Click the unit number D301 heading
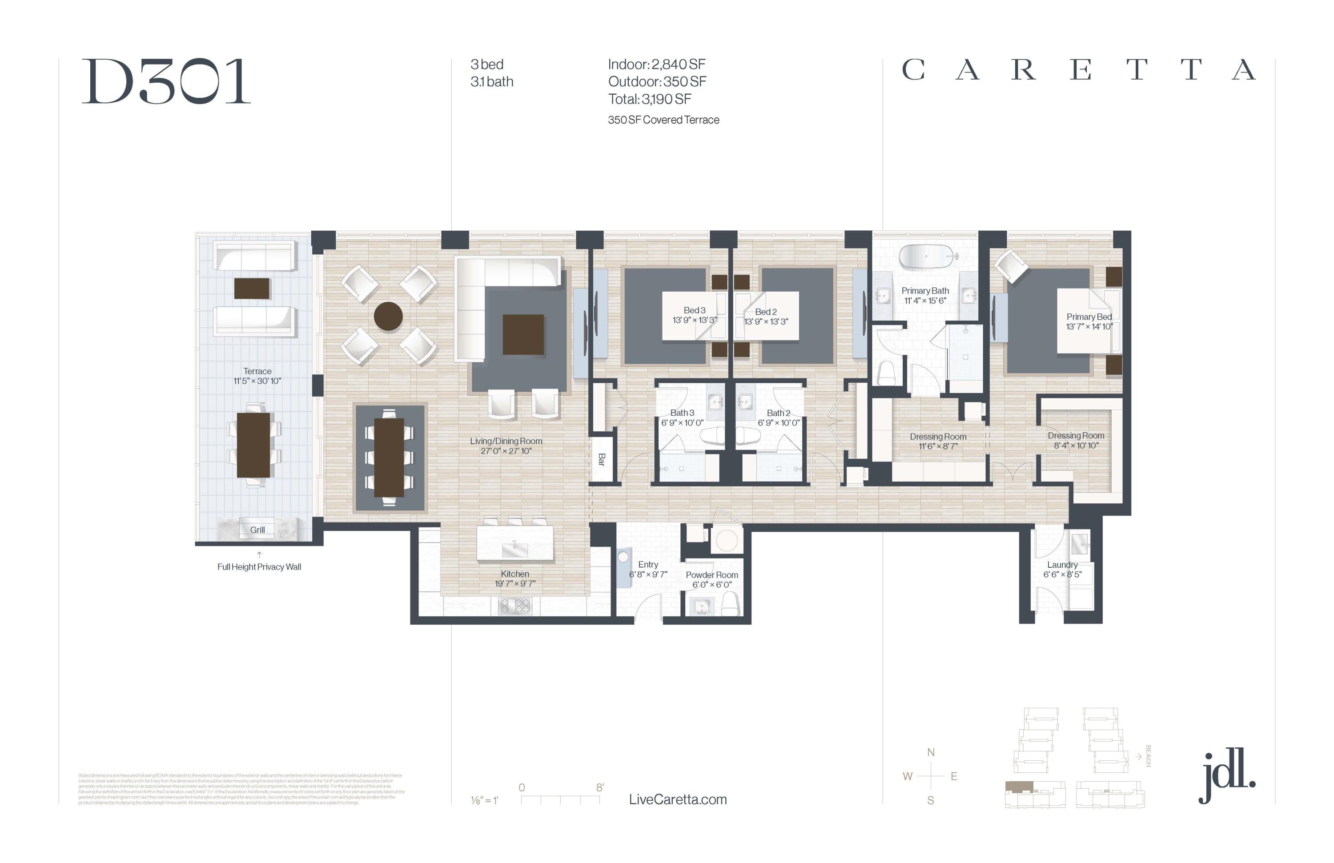pyautogui.click(x=166, y=82)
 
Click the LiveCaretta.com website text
pyautogui.click(x=678, y=800)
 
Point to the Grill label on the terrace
pyautogui.click(x=257, y=530)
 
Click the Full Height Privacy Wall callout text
pyautogui.click(x=259, y=567)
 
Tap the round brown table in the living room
pyautogui.click(x=388, y=317)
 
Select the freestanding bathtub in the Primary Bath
pyautogui.click(x=926, y=256)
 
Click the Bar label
pyautogui.click(x=602, y=460)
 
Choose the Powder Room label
pyautogui.click(x=712, y=575)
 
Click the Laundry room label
pyautogui.click(x=1062, y=565)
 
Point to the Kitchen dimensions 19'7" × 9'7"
pyautogui.click(x=514, y=584)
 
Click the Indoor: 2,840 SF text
pyautogui.click(x=656, y=64)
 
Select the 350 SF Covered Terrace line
pyautogui.click(x=663, y=120)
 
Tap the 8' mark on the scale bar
pyautogui.click(x=600, y=787)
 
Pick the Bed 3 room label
pyautogui.click(x=695, y=310)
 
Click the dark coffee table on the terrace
pyautogui.click(x=252, y=289)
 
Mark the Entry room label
pyautogui.click(x=648, y=565)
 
